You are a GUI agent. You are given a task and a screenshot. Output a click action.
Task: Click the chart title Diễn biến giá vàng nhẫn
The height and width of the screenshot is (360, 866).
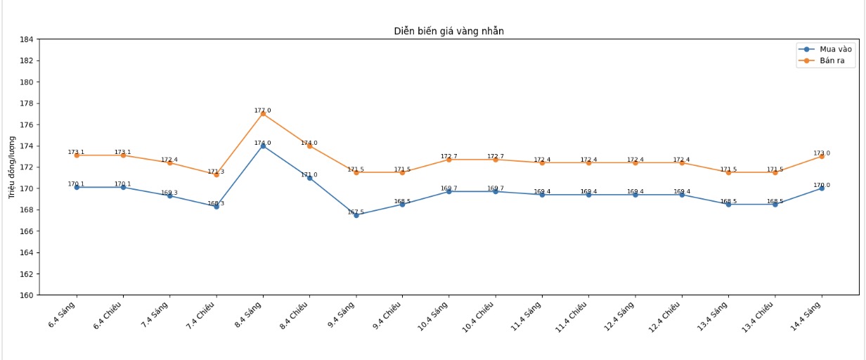tap(448, 31)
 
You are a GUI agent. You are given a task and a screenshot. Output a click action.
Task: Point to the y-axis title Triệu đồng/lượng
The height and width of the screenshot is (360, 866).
tap(12, 167)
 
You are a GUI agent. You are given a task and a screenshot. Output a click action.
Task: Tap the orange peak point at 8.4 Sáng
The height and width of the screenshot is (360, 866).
tap(263, 114)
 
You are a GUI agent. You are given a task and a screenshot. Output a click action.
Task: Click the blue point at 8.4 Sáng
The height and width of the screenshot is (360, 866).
tap(263, 146)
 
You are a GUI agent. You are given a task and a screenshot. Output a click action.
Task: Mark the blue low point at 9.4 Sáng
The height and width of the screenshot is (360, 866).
tap(356, 215)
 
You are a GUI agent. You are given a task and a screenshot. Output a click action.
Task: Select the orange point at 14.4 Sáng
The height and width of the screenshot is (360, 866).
tap(822, 156)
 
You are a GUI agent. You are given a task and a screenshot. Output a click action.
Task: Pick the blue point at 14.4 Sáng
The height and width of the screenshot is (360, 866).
tap(822, 188)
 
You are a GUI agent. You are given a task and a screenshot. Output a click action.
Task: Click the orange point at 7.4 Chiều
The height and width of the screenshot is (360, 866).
tap(216, 174)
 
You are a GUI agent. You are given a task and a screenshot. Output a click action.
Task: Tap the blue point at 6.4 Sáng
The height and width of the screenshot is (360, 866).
tap(77, 187)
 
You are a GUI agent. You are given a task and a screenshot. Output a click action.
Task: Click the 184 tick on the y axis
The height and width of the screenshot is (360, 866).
tap(29, 39)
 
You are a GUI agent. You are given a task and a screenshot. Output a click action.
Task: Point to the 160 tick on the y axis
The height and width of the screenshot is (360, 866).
tap(29, 295)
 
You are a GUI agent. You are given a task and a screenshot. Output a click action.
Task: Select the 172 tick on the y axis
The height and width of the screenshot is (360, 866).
tap(29, 167)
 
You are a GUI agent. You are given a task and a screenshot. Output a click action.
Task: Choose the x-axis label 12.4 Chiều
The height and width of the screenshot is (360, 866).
tap(665, 317)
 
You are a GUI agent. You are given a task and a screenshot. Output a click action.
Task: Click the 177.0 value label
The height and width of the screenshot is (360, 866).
tap(263, 110)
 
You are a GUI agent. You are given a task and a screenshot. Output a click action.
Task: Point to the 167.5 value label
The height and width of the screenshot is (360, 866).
tap(356, 212)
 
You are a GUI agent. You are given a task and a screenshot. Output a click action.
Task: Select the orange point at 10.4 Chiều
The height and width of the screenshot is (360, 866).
tap(496, 160)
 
